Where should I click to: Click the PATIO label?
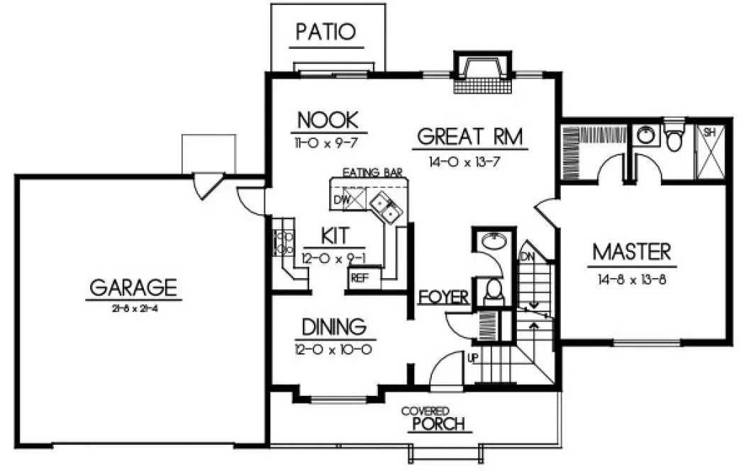[326, 32]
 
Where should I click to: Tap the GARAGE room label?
[133, 287]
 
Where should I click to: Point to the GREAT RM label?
[470, 136]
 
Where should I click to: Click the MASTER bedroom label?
[631, 252]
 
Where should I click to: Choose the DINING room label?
[333, 327]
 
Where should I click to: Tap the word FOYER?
[443, 297]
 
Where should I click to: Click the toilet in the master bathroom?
[674, 138]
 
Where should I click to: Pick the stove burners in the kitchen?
[284, 243]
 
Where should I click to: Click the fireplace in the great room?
[482, 75]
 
